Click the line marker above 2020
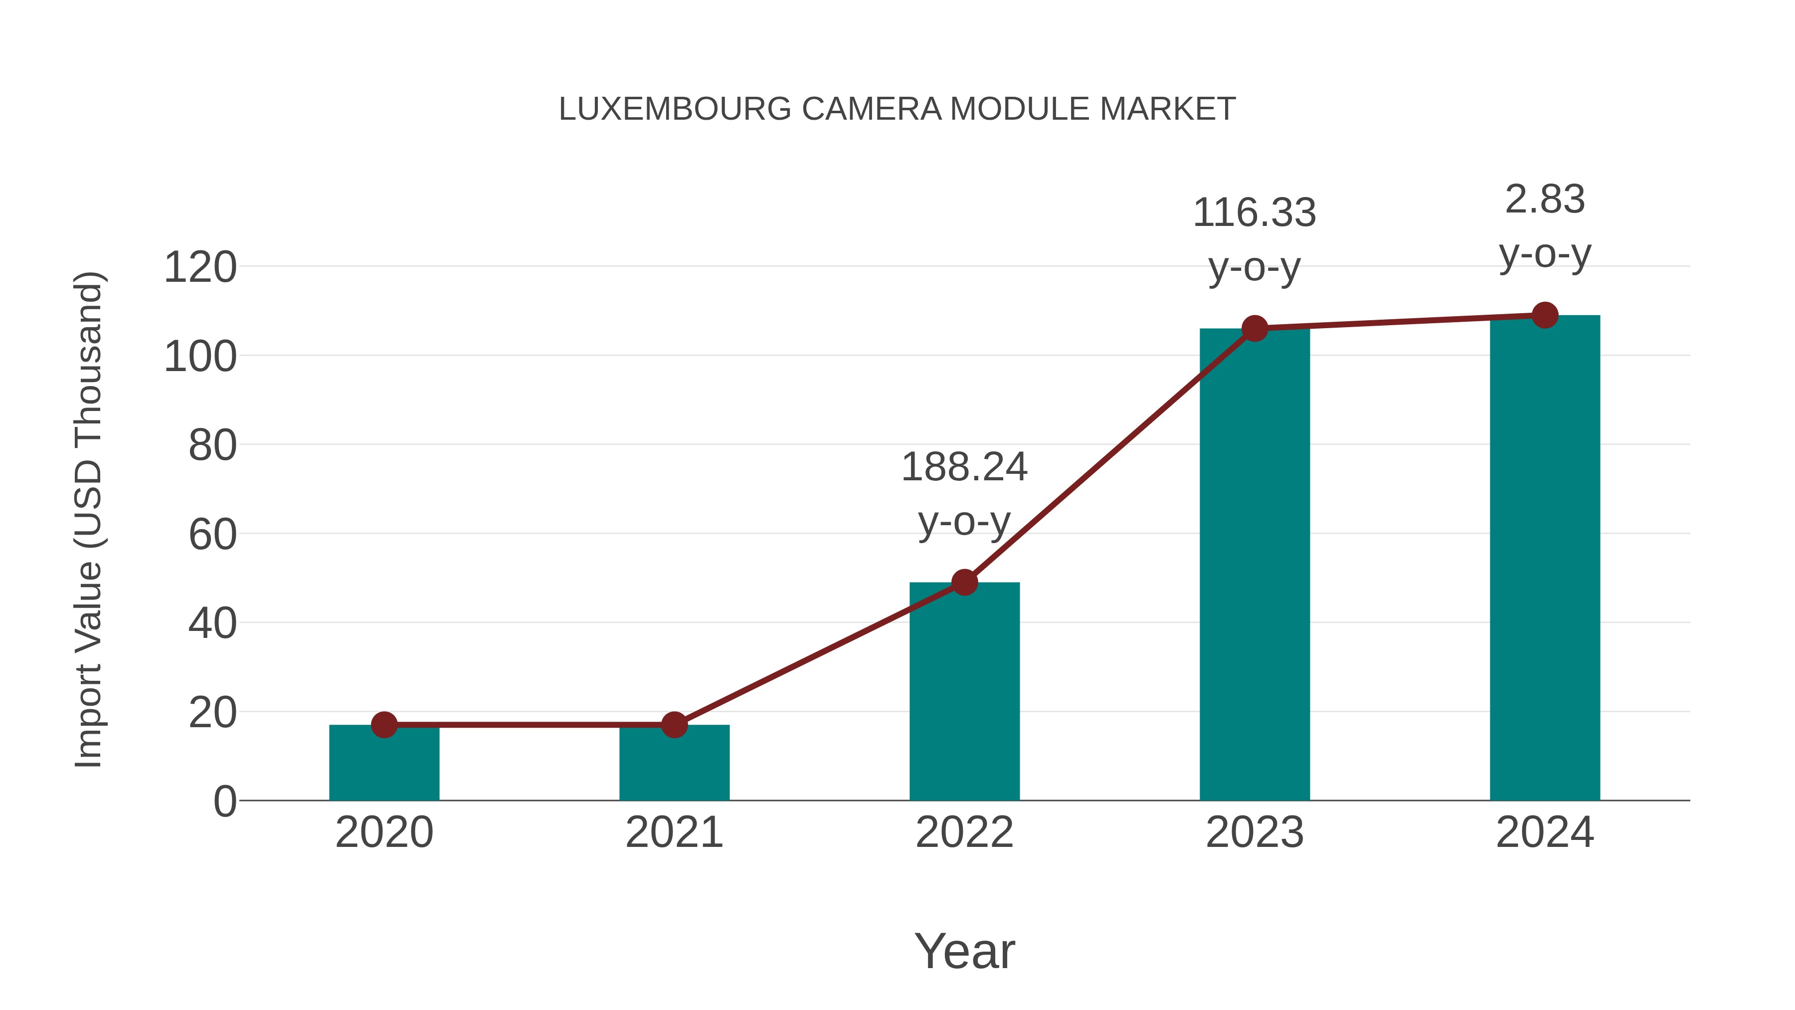384,725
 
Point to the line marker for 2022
964,582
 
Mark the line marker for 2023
1255,328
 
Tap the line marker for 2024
1545,315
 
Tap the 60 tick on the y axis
212,535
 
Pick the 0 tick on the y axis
225,802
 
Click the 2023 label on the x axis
1255,832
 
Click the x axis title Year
964,951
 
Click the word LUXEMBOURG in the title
675,109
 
